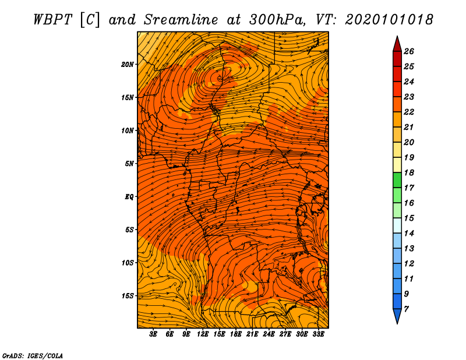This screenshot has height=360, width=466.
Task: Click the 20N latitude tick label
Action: click(x=127, y=65)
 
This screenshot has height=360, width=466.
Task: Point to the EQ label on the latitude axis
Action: click(x=129, y=197)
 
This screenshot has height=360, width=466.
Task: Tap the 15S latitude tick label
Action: click(x=128, y=296)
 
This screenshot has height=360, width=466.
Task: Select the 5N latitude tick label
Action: click(x=129, y=164)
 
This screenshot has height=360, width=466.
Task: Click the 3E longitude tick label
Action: click(x=153, y=334)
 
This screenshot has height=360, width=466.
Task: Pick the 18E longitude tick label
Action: click(x=236, y=334)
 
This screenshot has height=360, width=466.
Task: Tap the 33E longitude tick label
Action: click(x=318, y=334)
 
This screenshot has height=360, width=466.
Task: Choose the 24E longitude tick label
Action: click(x=269, y=334)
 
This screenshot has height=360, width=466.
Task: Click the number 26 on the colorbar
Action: click(x=409, y=51)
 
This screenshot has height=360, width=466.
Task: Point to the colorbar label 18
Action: click(x=409, y=172)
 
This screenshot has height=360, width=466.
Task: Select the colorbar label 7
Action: click(x=406, y=309)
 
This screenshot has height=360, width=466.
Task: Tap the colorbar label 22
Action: click(x=409, y=112)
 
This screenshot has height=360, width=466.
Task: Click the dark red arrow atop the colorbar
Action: click(x=397, y=44)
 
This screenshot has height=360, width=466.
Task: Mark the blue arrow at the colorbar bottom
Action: click(x=397, y=316)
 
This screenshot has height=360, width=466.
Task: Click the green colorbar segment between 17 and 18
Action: click(x=397, y=180)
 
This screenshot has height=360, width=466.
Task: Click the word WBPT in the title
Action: click(x=52, y=20)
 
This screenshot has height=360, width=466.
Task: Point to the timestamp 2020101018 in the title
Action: click(x=389, y=20)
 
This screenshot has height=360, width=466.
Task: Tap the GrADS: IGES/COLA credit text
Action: click(x=33, y=356)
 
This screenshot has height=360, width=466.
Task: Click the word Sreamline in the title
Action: click(x=181, y=20)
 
